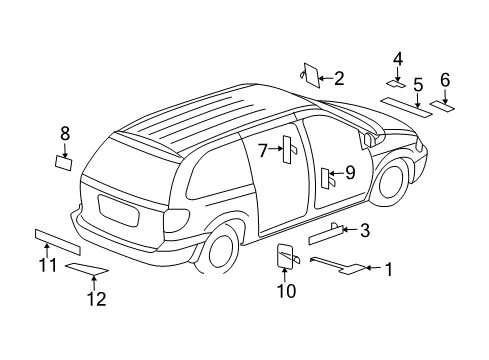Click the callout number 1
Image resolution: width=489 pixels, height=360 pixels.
coord(389,268)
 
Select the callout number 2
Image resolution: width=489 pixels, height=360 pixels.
coord(339,77)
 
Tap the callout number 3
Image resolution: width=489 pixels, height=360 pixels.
coord(365,231)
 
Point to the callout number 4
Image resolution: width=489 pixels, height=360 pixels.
coord(397,59)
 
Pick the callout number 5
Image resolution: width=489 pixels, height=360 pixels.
coord(419,84)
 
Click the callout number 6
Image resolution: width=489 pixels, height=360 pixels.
coord(445,80)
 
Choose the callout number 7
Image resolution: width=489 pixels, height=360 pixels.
coord(262,150)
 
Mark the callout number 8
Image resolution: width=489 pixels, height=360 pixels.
coord(65,133)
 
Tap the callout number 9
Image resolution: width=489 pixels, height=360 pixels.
coord(349,172)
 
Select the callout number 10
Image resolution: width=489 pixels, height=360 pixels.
coord(287,291)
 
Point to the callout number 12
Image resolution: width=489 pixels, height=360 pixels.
coord(94,297)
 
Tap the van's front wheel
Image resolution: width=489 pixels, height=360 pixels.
coord(390,179)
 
